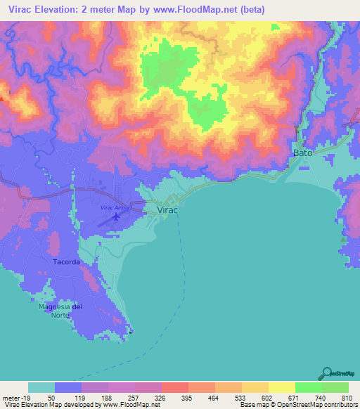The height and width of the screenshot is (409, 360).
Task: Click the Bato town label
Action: click(x=302, y=152)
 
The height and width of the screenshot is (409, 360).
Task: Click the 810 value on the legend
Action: click(x=345, y=396)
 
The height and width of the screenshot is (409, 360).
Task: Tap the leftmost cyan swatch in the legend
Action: click(x=41, y=387)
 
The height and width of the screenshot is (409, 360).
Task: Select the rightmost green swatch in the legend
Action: click(x=335, y=387)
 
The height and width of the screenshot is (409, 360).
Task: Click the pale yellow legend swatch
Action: click(x=282, y=387)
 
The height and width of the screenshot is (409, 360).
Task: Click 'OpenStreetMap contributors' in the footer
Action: click(x=316, y=405)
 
